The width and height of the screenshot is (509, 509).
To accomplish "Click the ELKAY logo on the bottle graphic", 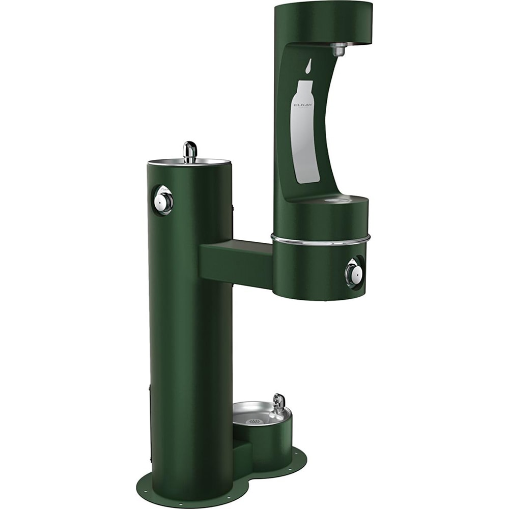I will coord(303,105).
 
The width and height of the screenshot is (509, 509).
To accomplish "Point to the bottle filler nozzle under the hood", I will coord(338,49).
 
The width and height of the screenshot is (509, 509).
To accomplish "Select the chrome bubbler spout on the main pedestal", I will coord(190,152).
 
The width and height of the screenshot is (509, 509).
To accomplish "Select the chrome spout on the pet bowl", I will coord(278,403).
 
